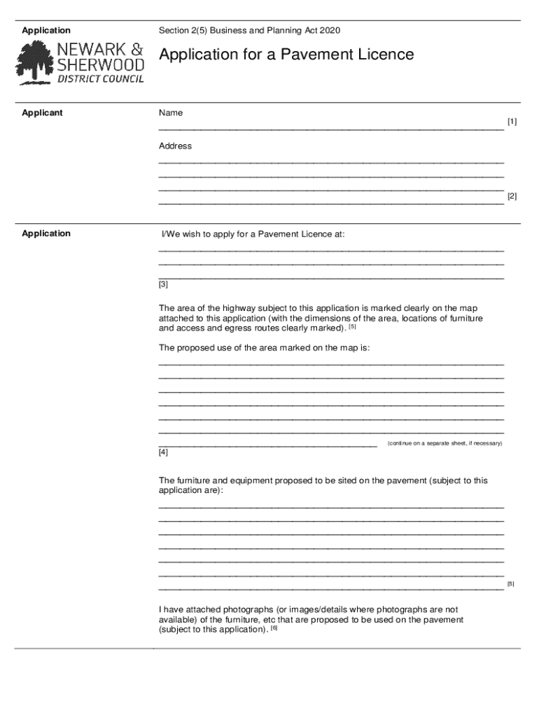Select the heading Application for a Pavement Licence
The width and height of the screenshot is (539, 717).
coord(286,55)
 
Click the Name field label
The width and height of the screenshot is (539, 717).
coord(170,113)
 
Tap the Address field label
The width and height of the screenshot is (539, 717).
coord(175,146)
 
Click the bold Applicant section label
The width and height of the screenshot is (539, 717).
coord(42,113)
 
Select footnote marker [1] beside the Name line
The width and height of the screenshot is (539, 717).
coord(512,122)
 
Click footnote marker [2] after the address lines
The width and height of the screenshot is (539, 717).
coord(512,197)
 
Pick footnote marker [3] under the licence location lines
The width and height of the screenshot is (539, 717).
coord(163,284)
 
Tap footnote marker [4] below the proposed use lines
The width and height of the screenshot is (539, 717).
coord(163,452)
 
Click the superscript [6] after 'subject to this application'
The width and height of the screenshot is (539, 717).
coord(274,627)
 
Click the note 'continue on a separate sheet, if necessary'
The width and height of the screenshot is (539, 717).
coord(445,444)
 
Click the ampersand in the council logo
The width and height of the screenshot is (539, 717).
coord(137,50)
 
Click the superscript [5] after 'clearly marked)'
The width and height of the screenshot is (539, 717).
coord(353,326)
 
